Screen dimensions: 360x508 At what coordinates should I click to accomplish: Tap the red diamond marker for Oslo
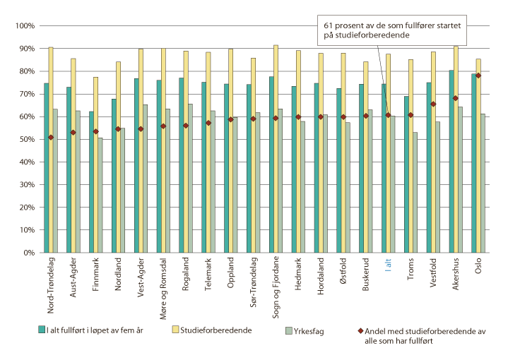pyautogui.click(x=478, y=76)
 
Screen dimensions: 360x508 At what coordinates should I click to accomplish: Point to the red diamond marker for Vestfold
pyautogui.click(x=433, y=104)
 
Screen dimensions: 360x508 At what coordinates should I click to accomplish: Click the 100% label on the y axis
pyautogui.click(x=24, y=26)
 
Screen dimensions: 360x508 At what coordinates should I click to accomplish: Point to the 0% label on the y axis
pyautogui.click(x=28, y=252)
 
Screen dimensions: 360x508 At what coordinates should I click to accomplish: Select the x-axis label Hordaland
pyautogui.click(x=321, y=275)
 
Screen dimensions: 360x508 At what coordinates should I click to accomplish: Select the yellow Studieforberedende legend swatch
pyautogui.click(x=177, y=330)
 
